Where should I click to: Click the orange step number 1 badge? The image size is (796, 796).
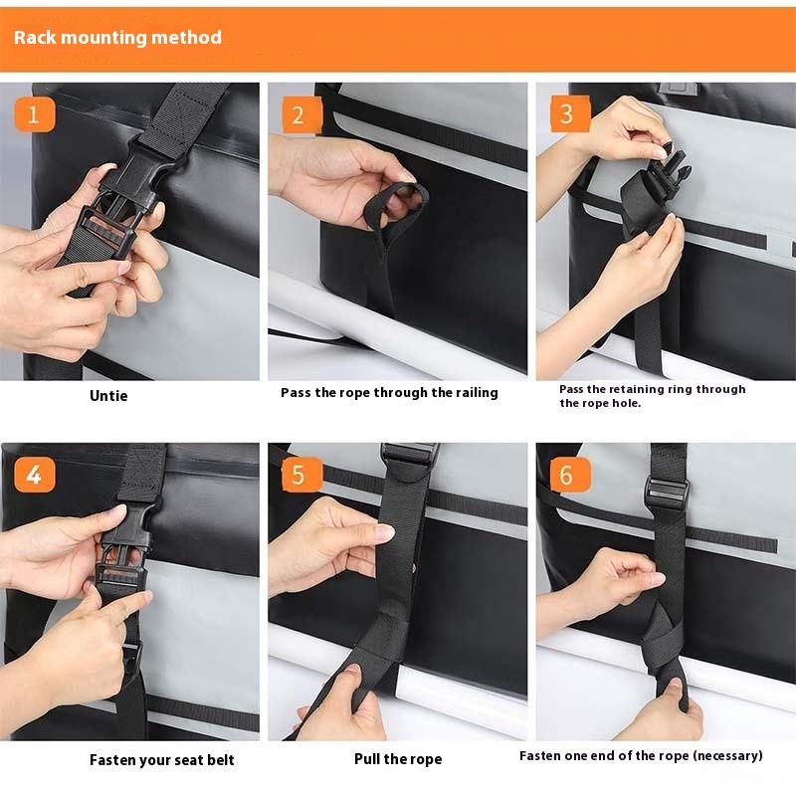tap(35, 114)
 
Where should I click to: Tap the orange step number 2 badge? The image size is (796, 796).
tap(301, 114)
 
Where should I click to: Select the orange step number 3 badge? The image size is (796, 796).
tap(570, 113)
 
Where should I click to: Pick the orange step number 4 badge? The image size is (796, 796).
tap(35, 475)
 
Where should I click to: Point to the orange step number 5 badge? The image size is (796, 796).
tap(302, 475)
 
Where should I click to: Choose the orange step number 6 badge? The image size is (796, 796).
tap(570, 475)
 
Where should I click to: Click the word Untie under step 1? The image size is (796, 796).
tap(108, 395)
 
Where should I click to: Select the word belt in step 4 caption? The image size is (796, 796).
tap(220, 759)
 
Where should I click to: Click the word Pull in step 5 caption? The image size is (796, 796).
tap(367, 758)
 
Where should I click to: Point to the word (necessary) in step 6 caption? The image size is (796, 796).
tap(728, 756)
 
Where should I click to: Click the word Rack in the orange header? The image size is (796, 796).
tap(35, 37)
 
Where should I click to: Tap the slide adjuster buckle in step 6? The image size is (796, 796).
tap(667, 492)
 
